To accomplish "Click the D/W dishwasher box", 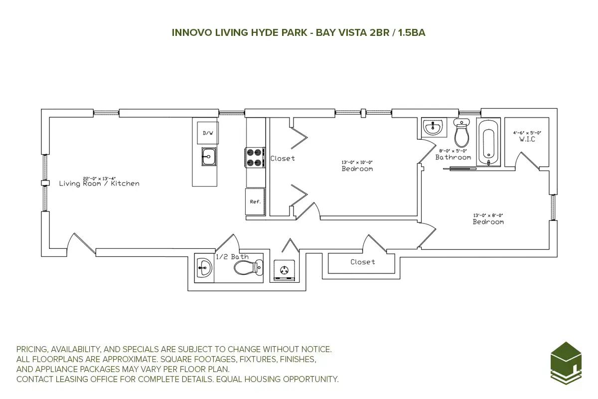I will pyautogui.click(x=207, y=133).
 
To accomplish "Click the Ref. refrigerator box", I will pyautogui.click(x=255, y=201).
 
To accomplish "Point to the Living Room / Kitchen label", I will pyautogui.click(x=99, y=184).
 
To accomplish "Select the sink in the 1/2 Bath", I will pyautogui.click(x=204, y=268).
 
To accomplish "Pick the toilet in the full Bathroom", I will pyautogui.click(x=462, y=132).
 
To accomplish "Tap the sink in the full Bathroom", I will pyautogui.click(x=433, y=128).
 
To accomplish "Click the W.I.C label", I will pyautogui.click(x=527, y=139).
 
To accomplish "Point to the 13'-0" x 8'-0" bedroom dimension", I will pyautogui.click(x=488, y=215).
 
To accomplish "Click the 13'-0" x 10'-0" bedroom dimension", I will pyautogui.click(x=357, y=163).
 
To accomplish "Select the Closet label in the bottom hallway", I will pyautogui.click(x=362, y=262).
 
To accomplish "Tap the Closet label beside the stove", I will pyautogui.click(x=283, y=159).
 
